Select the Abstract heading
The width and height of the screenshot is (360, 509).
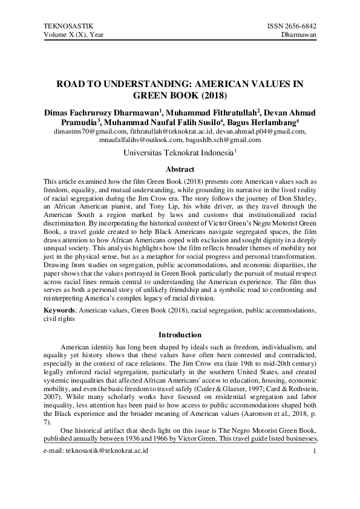pos(180,170)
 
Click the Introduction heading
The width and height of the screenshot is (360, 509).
pos(180,334)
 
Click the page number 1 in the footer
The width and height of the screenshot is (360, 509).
pos(315,468)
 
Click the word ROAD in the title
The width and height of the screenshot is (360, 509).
pos(76,84)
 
